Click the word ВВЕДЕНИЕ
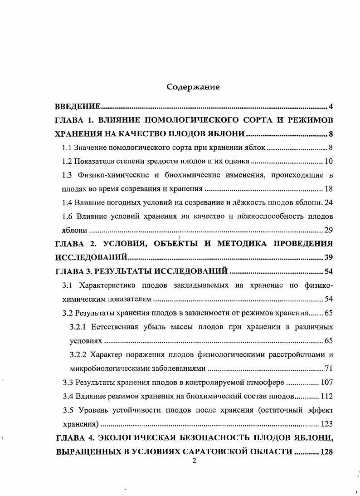78,107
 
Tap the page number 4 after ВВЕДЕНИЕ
331,107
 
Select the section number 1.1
67,147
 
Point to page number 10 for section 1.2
329,161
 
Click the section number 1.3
68,175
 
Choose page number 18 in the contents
329,188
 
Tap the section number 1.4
67,202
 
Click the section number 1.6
68,216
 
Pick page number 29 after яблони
329,230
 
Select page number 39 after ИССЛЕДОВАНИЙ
329,258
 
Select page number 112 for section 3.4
326,396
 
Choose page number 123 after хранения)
326,424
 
